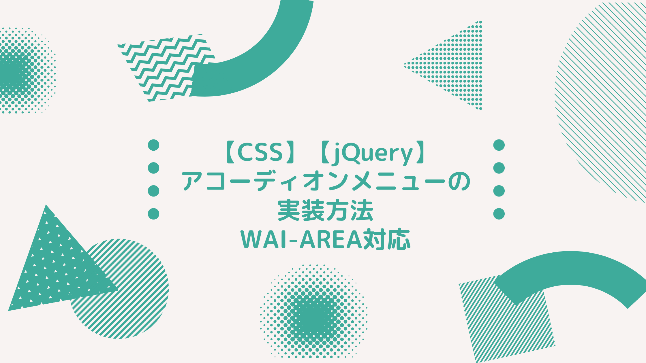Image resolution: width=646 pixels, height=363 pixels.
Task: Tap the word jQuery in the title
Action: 372,153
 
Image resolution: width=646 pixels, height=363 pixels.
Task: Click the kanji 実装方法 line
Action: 325,211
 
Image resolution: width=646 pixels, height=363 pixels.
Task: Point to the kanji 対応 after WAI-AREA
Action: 386,239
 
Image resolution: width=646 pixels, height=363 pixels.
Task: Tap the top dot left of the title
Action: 153,145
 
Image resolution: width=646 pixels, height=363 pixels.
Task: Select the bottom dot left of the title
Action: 153,214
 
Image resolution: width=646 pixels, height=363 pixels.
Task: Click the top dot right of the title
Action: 499,145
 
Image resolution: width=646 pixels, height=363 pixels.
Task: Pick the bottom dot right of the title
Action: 499,214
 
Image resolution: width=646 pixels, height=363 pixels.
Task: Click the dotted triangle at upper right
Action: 456,66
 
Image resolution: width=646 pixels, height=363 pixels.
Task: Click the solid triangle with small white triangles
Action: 52,268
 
